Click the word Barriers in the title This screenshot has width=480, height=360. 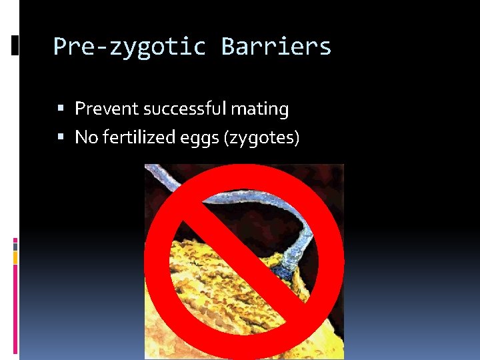[x=276, y=47]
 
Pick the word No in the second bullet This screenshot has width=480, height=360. [x=85, y=137]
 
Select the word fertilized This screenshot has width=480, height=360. [x=136, y=137]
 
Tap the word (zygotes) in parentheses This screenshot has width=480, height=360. [x=263, y=138]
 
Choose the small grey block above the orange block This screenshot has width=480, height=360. [x=15, y=246]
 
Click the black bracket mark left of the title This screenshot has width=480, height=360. [x=15, y=45]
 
